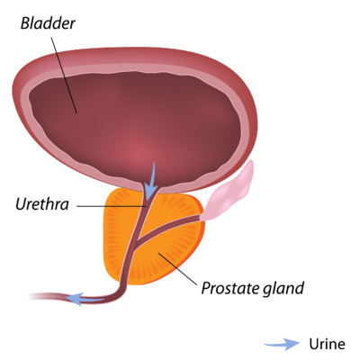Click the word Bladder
[48, 23]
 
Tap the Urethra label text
[42, 204]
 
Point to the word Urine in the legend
[327, 344]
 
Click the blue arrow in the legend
[282, 344]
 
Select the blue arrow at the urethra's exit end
[85, 299]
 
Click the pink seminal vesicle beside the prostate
[230, 192]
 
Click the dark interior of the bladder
[135, 126]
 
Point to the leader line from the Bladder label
[64, 75]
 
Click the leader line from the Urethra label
[112, 206]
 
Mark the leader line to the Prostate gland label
[177, 268]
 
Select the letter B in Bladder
[25, 23]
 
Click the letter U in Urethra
[21, 204]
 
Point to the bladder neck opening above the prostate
[151, 188]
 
